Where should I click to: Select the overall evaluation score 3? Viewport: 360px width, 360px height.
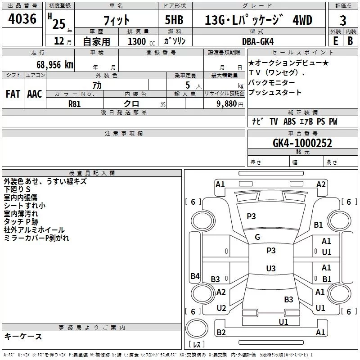click(343, 21)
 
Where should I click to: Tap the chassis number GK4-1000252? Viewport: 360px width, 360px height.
click(302, 143)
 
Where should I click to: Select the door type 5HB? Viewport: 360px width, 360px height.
click(174, 21)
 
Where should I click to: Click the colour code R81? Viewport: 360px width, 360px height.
click(75, 103)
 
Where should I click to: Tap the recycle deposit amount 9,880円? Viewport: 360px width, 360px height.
click(229, 103)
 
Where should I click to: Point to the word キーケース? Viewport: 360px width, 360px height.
click(23, 336)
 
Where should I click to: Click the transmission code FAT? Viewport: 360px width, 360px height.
click(13, 94)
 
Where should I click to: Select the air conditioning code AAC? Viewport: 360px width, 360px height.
click(34, 94)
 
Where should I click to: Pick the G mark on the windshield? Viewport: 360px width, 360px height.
click(257, 237)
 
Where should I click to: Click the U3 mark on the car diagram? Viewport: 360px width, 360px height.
click(270, 269)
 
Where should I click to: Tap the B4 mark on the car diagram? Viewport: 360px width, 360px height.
click(195, 276)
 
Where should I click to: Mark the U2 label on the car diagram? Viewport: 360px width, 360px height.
click(221, 308)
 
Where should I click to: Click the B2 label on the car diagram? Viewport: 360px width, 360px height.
click(221, 333)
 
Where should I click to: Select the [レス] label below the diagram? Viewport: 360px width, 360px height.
click(197, 345)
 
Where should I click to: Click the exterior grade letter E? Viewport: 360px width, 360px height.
click(335, 41)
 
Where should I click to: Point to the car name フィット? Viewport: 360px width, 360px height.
click(117, 21)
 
